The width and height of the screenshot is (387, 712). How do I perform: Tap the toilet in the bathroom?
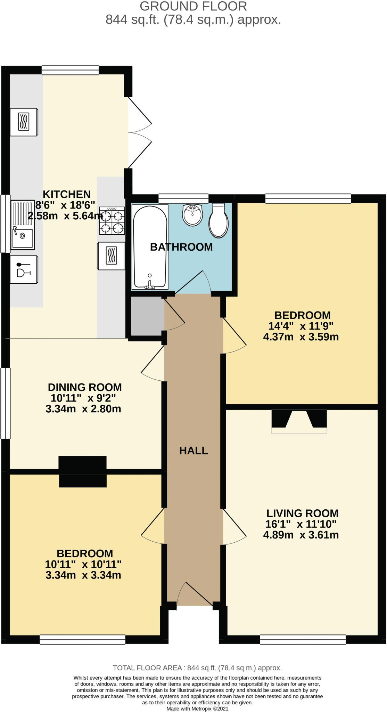point(219,221)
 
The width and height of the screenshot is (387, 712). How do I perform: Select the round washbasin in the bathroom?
point(192,215)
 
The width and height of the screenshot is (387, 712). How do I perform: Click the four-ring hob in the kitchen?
point(112,220)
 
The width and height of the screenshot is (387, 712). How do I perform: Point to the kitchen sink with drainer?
point(23,225)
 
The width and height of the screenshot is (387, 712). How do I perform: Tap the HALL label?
point(193,451)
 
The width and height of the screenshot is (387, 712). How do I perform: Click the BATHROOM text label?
point(181,247)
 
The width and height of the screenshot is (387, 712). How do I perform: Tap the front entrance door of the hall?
point(195,595)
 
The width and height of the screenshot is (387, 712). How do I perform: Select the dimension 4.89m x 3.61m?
point(301,535)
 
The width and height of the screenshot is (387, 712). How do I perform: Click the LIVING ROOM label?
point(302,513)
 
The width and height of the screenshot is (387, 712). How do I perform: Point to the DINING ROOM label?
point(85,387)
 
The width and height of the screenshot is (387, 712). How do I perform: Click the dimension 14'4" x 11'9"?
point(301,326)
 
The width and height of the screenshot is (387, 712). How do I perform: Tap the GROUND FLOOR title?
point(193,6)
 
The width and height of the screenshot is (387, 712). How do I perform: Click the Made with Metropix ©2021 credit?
point(197,708)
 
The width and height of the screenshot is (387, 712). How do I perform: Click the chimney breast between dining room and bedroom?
point(82,471)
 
